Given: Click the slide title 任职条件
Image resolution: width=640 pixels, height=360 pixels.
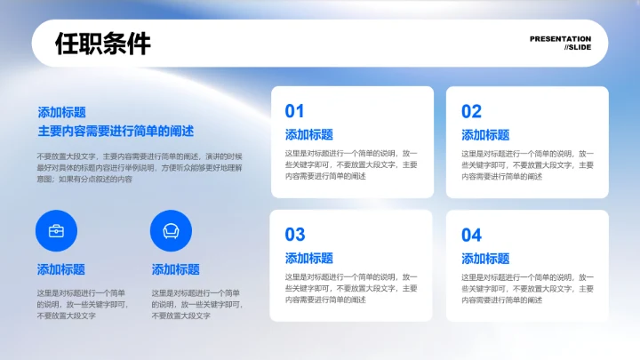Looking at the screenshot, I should click(x=103, y=44).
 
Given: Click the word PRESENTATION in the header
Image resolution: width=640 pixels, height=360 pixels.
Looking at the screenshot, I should click(x=560, y=39).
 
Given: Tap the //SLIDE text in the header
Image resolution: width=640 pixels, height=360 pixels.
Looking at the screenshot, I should click(x=578, y=48).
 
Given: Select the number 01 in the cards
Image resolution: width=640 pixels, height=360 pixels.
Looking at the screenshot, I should click(x=294, y=111).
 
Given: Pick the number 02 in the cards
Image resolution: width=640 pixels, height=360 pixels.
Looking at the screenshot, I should click(x=471, y=111).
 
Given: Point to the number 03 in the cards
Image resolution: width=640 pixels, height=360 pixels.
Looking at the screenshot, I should click(x=294, y=235).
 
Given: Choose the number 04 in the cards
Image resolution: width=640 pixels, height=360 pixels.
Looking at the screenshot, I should click(x=471, y=235).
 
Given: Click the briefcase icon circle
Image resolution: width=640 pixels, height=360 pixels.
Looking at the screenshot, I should click(x=56, y=231).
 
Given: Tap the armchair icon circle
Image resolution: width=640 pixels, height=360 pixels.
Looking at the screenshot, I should click(x=171, y=231).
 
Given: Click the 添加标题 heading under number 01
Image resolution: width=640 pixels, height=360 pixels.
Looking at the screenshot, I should click(x=308, y=135).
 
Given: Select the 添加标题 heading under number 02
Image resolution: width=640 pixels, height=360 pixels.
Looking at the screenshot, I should click(x=485, y=135).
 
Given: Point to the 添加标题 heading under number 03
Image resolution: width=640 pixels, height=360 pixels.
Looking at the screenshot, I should click(x=308, y=259).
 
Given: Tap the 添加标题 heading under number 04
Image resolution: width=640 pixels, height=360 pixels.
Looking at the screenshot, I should click(x=485, y=259).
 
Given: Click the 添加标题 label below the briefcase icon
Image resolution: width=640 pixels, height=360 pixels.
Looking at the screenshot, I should click(x=61, y=269).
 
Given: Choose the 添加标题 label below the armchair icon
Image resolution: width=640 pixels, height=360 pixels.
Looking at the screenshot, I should click(x=176, y=269).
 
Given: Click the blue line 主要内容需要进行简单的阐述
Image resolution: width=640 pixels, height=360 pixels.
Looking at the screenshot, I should click(x=116, y=131).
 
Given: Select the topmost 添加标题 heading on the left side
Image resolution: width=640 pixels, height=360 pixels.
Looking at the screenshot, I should click(x=61, y=113).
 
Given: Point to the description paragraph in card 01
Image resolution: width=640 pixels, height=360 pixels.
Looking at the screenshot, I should click(x=351, y=164).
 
